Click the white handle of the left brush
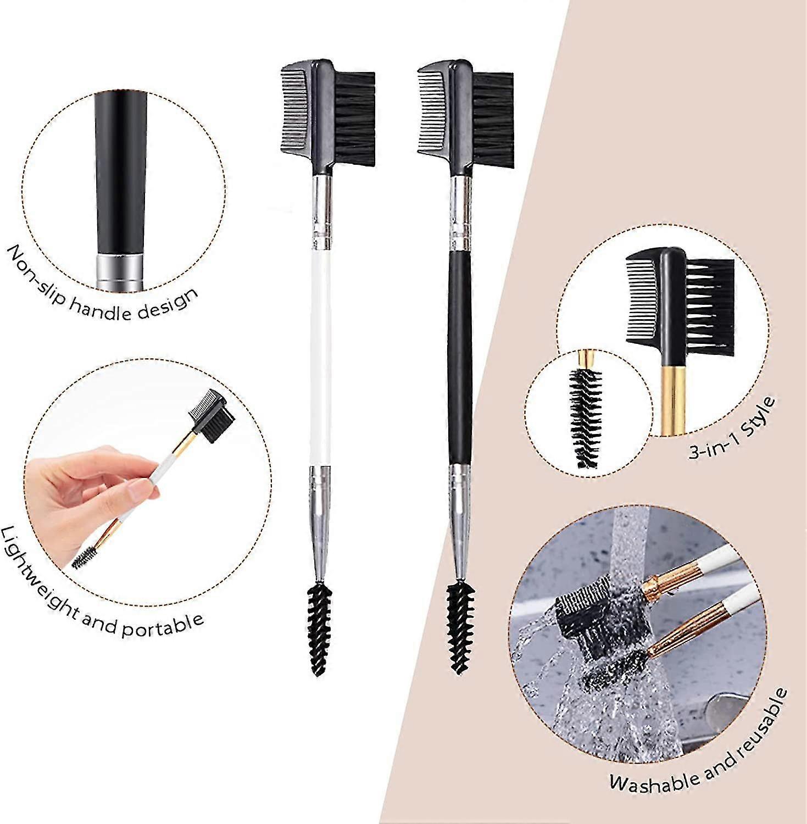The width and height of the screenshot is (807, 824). pos(321,357)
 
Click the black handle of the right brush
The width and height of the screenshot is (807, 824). pos(460,357)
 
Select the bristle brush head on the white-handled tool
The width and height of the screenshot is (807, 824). pos(355,118)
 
